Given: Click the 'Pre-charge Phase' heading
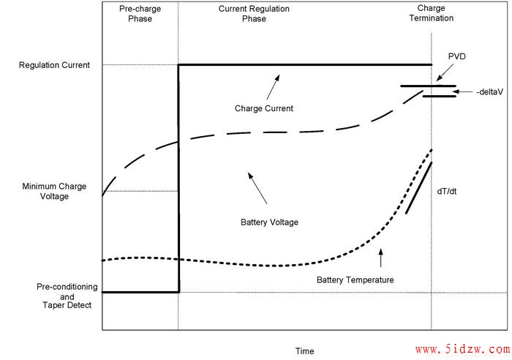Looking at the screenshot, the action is [140, 14].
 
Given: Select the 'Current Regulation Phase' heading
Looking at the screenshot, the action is [254, 14].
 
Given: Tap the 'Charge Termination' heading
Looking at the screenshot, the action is [432, 13].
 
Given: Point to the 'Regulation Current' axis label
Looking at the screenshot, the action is [54, 65].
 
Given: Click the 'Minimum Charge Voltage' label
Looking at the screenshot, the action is [54, 191].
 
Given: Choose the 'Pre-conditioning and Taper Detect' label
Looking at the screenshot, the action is [67, 296].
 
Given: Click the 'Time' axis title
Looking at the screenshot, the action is [305, 351].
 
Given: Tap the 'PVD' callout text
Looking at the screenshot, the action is [457, 56].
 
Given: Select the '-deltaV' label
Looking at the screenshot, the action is [489, 92].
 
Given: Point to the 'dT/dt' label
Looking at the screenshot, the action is [447, 192].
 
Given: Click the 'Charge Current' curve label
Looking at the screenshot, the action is [264, 108].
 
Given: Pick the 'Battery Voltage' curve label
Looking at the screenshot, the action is [269, 222].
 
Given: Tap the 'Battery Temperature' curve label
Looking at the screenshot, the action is [355, 280].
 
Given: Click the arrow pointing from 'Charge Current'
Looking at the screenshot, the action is [273, 87].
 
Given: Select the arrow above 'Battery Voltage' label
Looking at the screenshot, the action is [257, 188].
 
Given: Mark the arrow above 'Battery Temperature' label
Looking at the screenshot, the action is [380, 258].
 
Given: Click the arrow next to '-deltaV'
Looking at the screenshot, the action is [463, 91].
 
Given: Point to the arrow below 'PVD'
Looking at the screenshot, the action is [445, 72].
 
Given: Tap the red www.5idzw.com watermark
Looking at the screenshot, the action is [462, 350].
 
